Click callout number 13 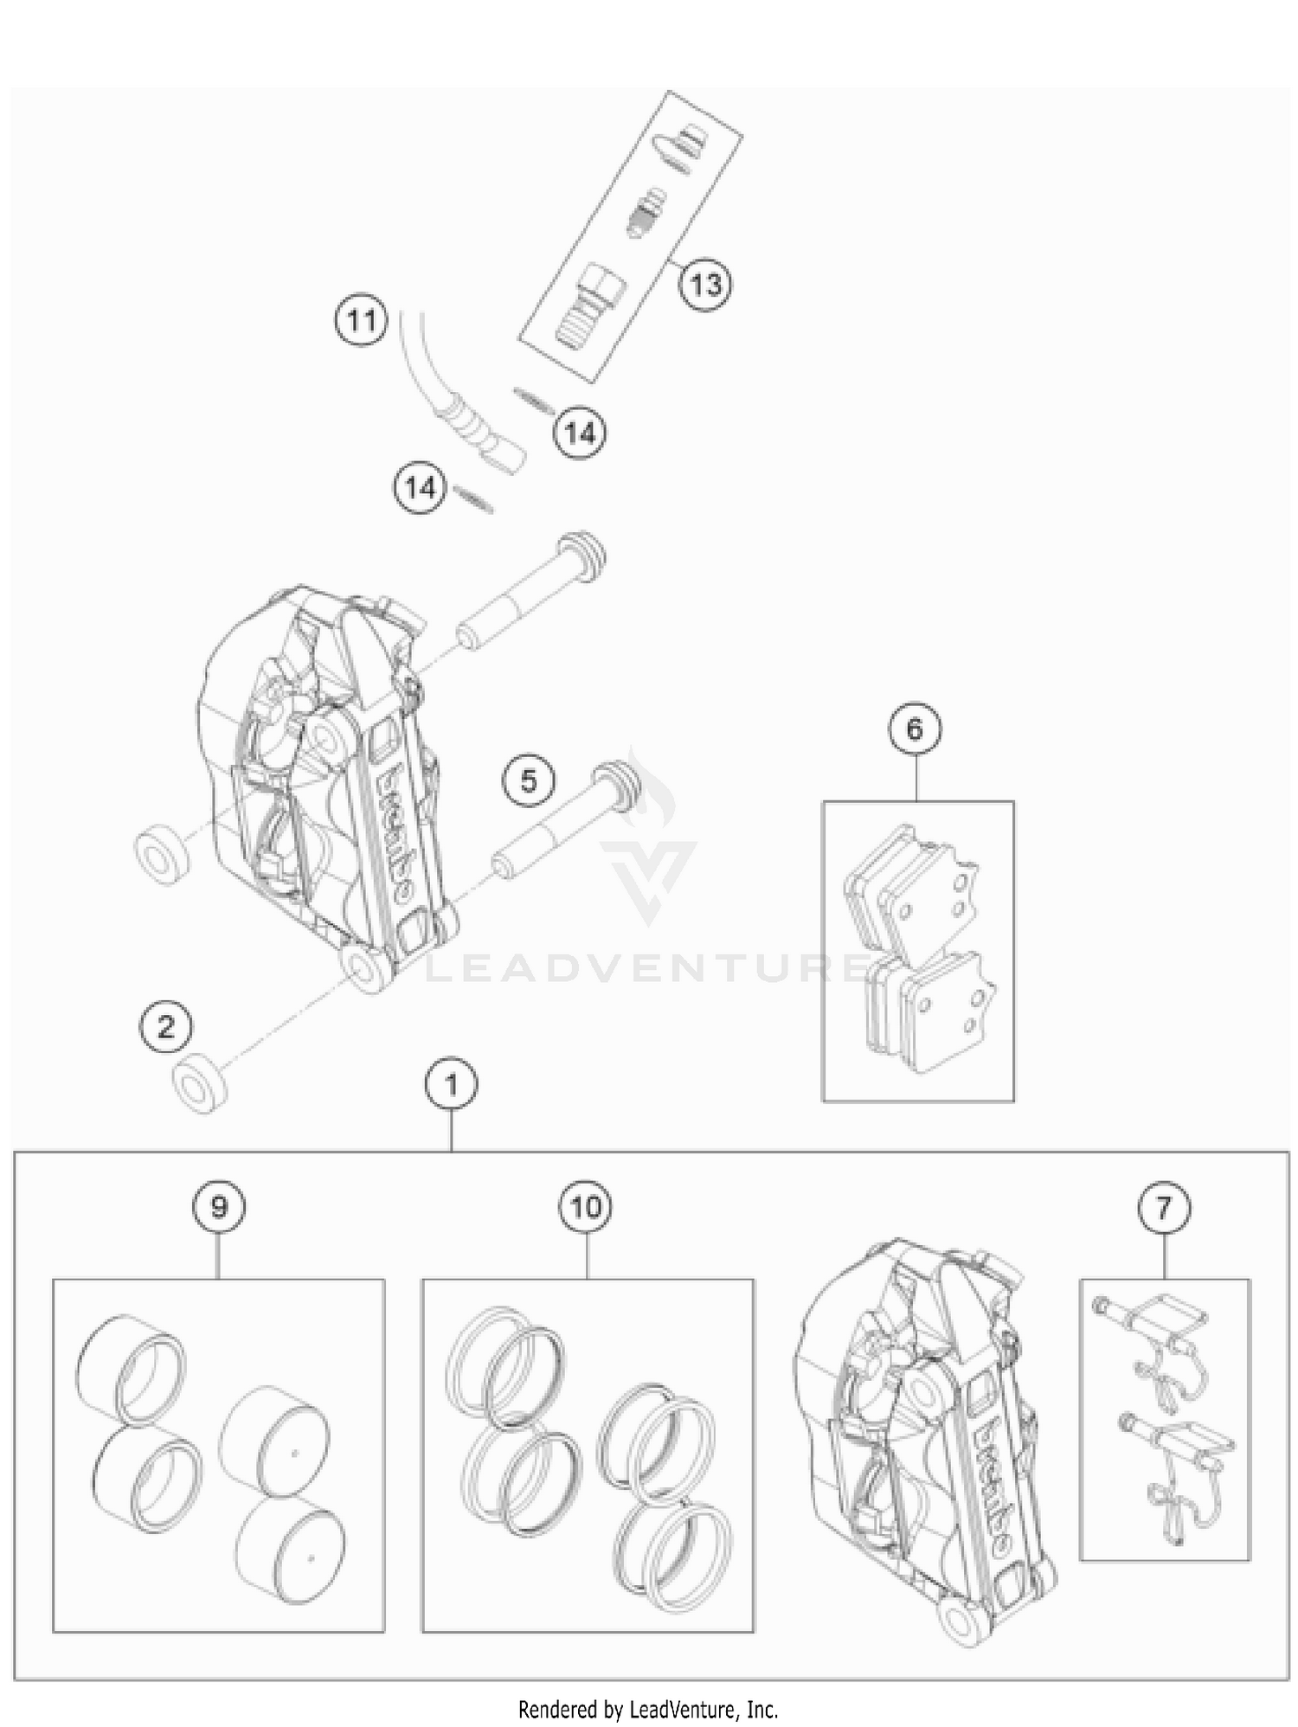point(704,284)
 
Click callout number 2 point(165,1027)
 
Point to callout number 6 point(916,729)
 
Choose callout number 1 point(451,1083)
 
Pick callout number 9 point(218,1206)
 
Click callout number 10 point(586,1206)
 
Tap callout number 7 point(1163,1206)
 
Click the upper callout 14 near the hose point(579,432)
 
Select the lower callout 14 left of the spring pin point(421,488)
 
